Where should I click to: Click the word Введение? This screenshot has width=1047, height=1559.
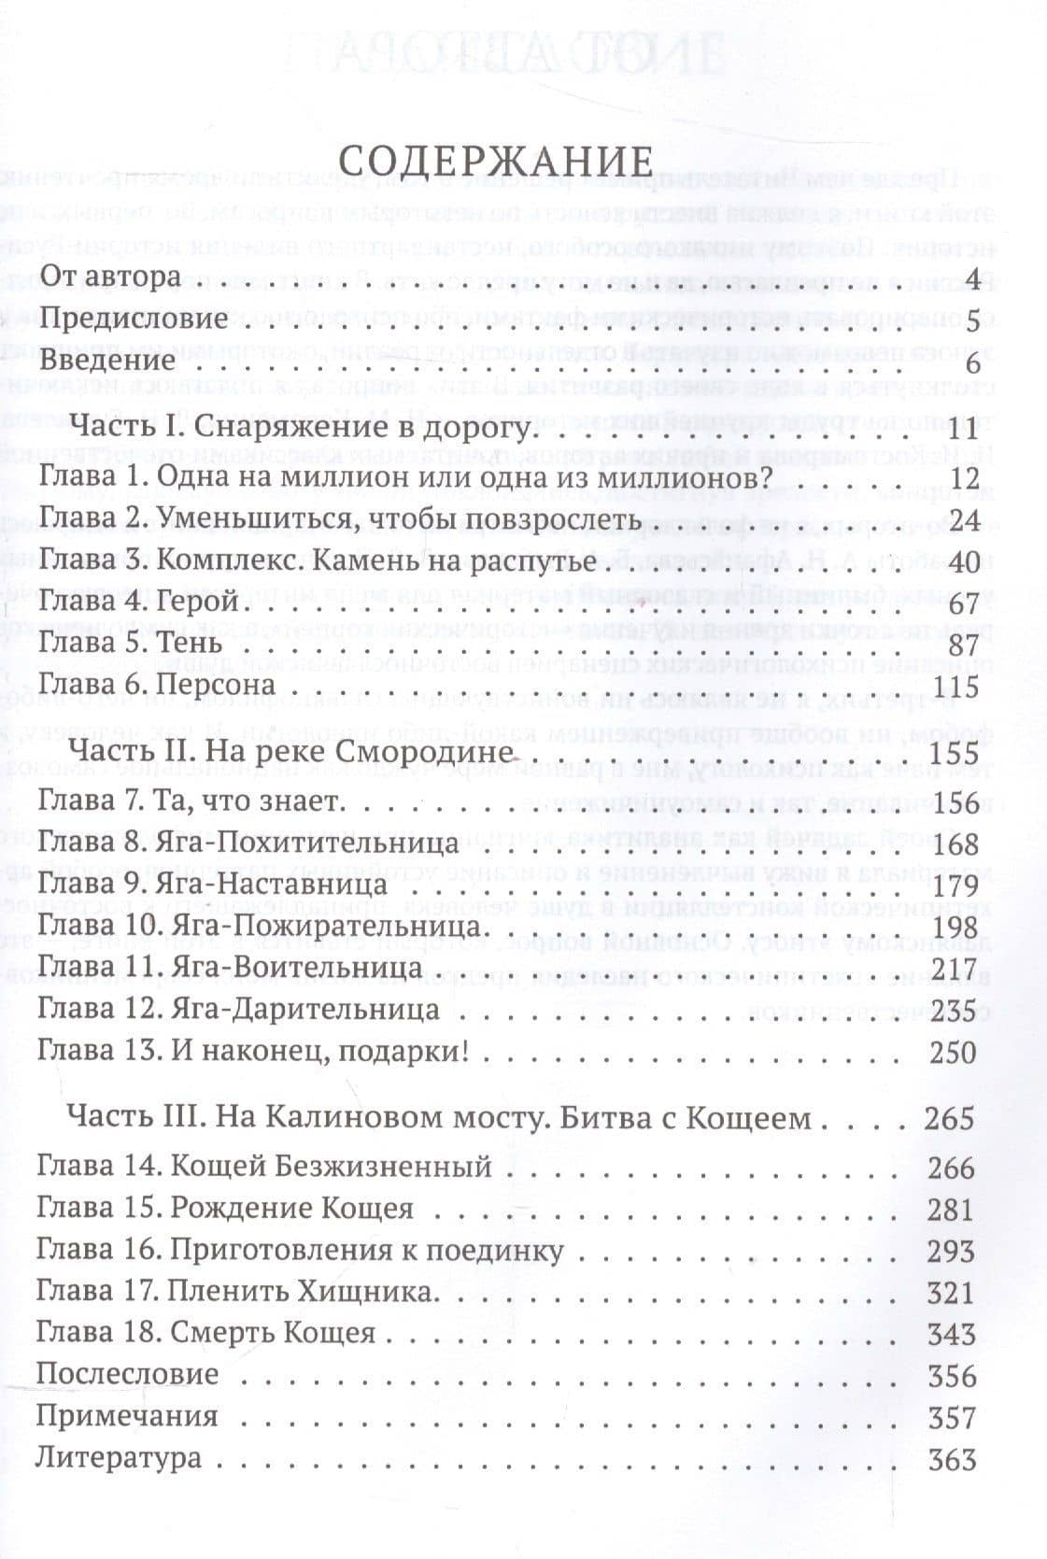tap(109, 362)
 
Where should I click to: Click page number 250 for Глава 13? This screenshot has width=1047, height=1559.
tap(954, 1053)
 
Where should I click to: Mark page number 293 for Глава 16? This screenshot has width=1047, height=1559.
tap(952, 1253)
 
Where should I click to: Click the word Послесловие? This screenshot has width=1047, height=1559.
tap(127, 1376)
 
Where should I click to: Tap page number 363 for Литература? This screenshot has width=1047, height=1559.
tap(952, 1460)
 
